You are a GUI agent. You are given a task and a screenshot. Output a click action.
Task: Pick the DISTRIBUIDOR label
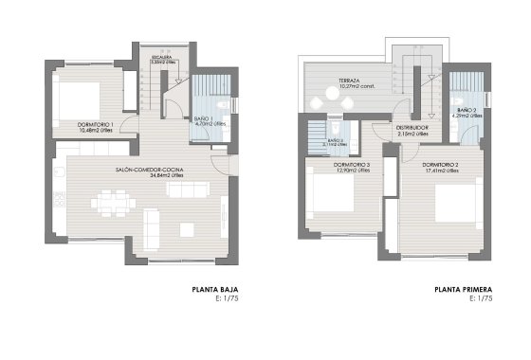click(412, 127)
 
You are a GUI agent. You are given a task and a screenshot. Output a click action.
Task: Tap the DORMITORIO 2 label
click(441, 166)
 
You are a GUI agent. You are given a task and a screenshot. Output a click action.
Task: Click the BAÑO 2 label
click(467, 111)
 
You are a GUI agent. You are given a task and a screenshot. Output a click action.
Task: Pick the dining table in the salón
click(112, 202)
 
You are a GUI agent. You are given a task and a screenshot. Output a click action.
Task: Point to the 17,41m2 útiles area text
click(441, 172)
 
